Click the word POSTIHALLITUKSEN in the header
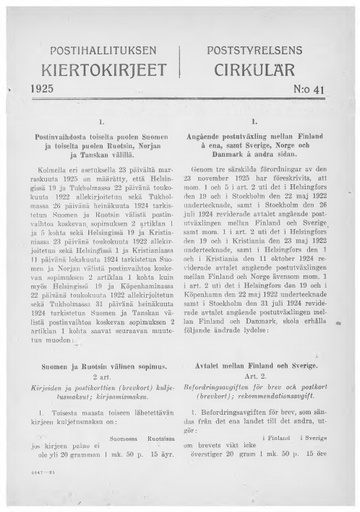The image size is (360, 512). coord(99,47)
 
